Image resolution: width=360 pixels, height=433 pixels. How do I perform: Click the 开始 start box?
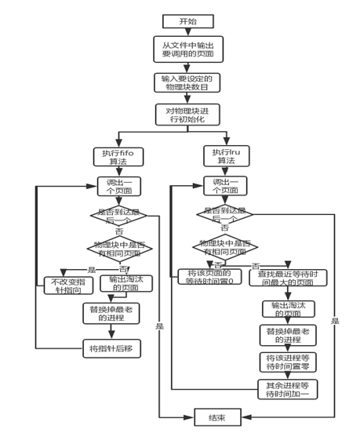pos(188,21)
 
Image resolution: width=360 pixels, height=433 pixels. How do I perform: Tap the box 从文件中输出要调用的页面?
pos(188,49)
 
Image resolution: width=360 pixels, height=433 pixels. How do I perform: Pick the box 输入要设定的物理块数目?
pos(188,83)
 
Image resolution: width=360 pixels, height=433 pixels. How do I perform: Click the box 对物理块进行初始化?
pos(188,115)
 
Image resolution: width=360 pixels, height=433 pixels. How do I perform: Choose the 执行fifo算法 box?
pos(118,156)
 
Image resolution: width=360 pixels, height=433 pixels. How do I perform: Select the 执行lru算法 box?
pos(226,156)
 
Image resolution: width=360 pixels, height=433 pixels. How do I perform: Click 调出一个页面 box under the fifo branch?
pos(118,186)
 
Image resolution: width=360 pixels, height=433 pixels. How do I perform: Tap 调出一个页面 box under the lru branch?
pos(226,186)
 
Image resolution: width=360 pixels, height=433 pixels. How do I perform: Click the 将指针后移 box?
pos(111,348)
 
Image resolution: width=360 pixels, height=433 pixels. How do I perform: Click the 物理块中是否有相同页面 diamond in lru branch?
pos(224,247)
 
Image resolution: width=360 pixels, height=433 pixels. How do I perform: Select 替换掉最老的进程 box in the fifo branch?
pos(111,314)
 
